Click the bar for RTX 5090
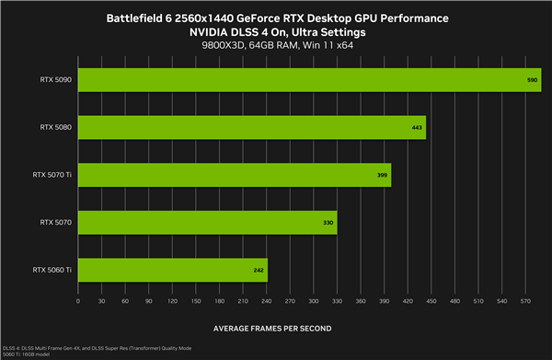point(309,80)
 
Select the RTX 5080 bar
point(251,127)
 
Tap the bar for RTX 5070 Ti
point(235,174)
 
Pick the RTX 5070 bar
point(207,222)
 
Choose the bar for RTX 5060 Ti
point(173,270)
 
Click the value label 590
point(532,80)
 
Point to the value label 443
point(417,127)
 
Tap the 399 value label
point(382,175)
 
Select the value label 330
point(328,222)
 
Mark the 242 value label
point(259,270)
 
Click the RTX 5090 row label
point(56,80)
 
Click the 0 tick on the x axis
point(78,301)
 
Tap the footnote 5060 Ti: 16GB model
point(30,354)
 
